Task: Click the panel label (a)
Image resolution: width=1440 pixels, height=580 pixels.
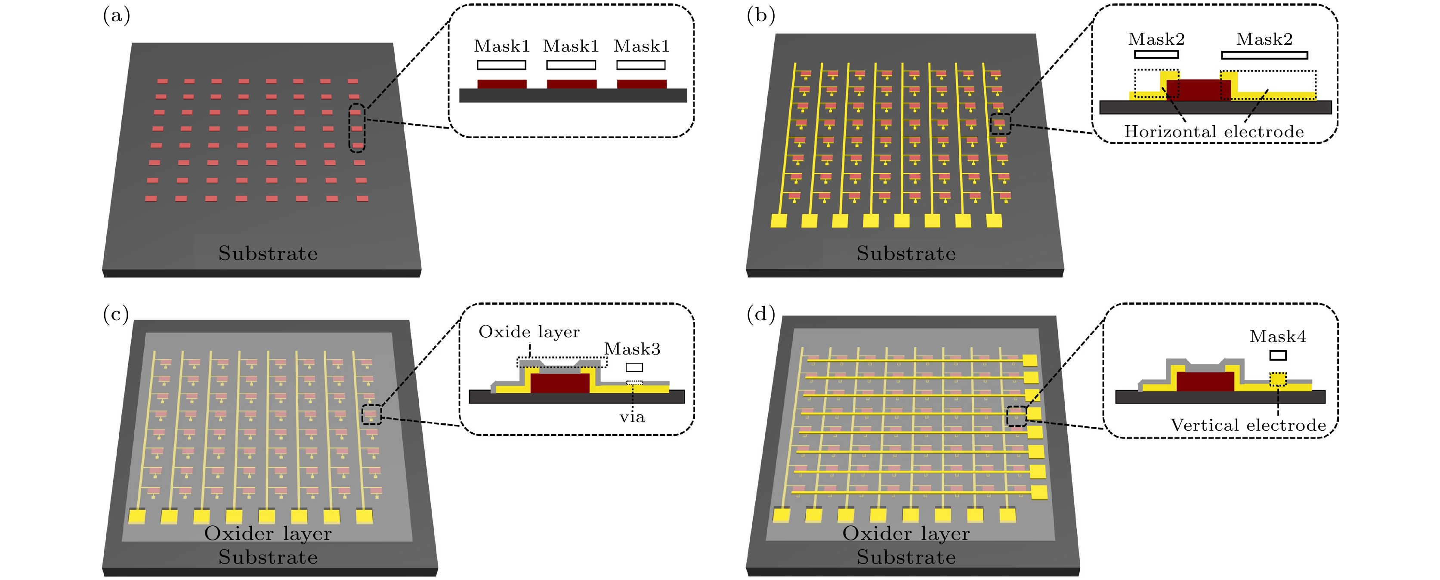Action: point(116,15)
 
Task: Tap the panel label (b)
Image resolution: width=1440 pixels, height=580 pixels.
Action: point(761,15)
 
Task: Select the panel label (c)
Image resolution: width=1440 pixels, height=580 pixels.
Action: point(116,314)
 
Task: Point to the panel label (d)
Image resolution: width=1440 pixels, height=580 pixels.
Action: point(761,314)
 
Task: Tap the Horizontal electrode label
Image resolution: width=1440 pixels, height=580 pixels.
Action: point(1214,132)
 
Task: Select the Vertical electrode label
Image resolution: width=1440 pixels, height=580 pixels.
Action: point(1248,425)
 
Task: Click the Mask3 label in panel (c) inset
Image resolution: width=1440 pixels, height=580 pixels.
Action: point(632,349)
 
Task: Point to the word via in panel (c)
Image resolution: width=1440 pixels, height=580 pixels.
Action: point(632,417)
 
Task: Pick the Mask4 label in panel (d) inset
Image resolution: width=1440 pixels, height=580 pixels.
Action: point(1278,336)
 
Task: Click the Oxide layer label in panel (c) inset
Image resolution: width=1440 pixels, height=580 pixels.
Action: point(529,332)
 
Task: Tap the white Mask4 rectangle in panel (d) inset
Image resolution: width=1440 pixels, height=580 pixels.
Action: point(1278,355)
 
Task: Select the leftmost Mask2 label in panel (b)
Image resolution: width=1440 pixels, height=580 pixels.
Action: point(1156,39)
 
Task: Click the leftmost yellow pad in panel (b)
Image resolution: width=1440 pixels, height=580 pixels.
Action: point(779,221)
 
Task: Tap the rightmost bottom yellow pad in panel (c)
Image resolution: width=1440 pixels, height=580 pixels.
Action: point(365,516)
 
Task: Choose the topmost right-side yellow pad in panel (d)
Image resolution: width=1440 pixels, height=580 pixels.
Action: point(1030,361)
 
